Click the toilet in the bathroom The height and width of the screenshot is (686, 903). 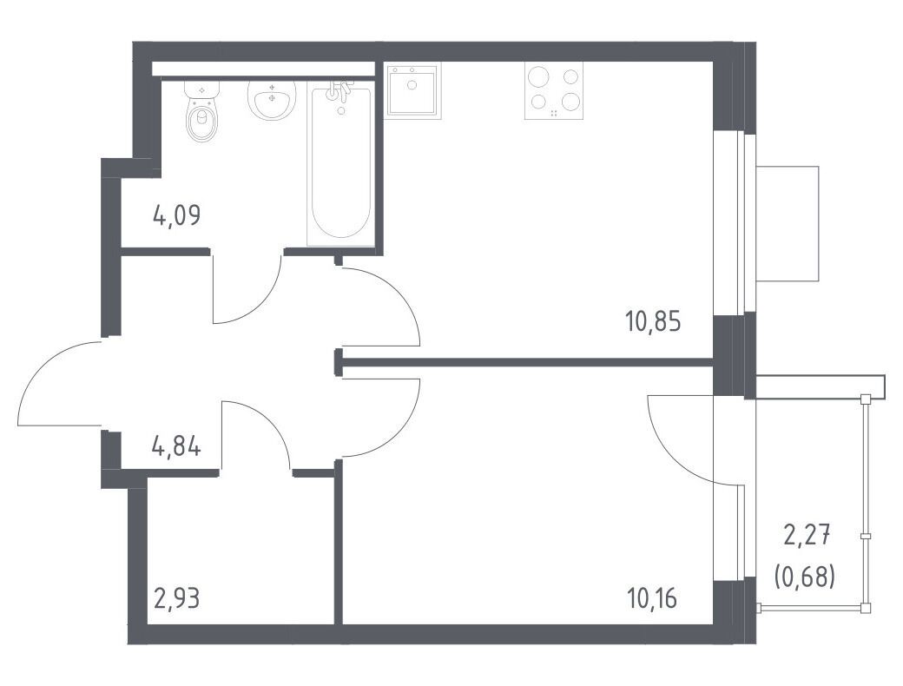(202, 110)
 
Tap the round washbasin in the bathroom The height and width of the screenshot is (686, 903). (271, 100)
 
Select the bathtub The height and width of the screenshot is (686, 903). (341, 163)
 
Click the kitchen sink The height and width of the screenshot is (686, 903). (412, 90)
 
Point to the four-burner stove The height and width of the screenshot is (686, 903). (554, 90)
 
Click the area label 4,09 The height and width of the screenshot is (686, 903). (177, 216)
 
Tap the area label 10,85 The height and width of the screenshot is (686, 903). (653, 322)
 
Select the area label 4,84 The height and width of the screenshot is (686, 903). (176, 447)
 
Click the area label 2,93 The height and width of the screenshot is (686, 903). (177, 599)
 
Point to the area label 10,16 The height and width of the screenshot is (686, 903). (652, 599)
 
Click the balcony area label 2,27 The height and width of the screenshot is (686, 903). (807, 537)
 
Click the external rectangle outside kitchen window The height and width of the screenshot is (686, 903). (788, 223)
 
